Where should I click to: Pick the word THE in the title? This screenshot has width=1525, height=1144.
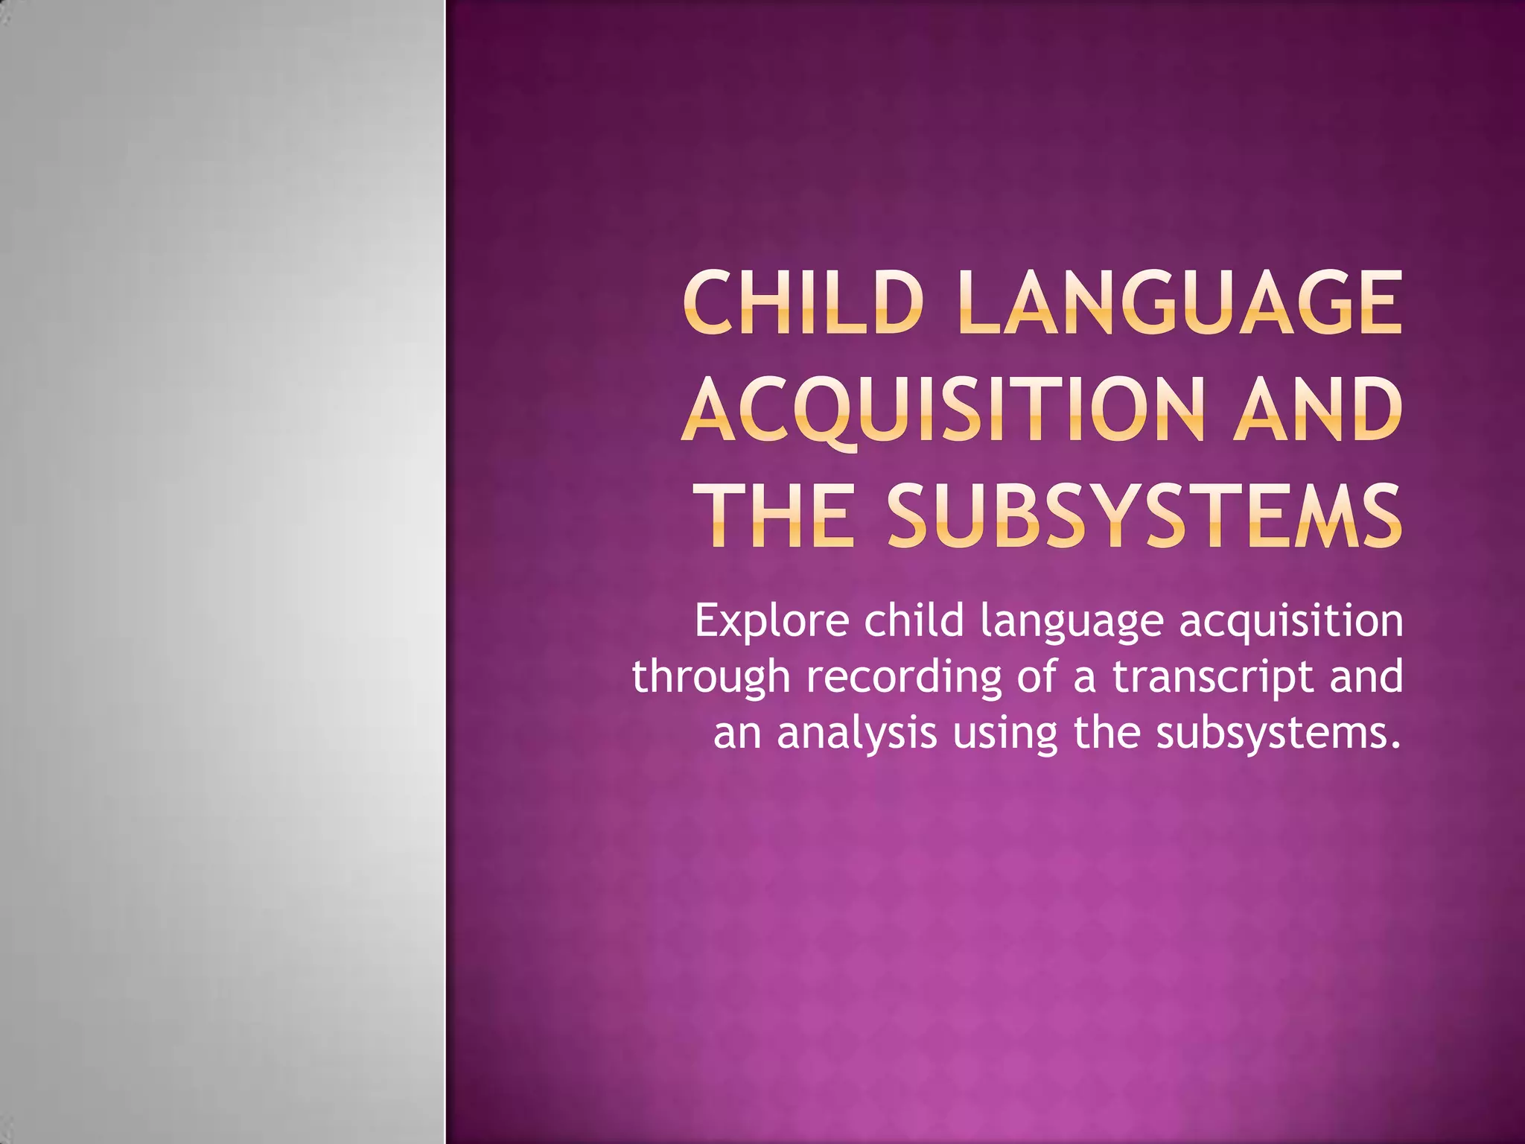pyautogui.click(x=779, y=516)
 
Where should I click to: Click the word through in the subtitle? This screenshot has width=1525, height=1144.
pyautogui.click(x=710, y=679)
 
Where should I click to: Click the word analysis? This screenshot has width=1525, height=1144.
pyautogui.click(x=856, y=734)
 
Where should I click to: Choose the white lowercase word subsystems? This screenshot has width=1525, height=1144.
pyautogui.click(x=1278, y=734)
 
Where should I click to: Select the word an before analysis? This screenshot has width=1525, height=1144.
pyautogui.click(x=736, y=733)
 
